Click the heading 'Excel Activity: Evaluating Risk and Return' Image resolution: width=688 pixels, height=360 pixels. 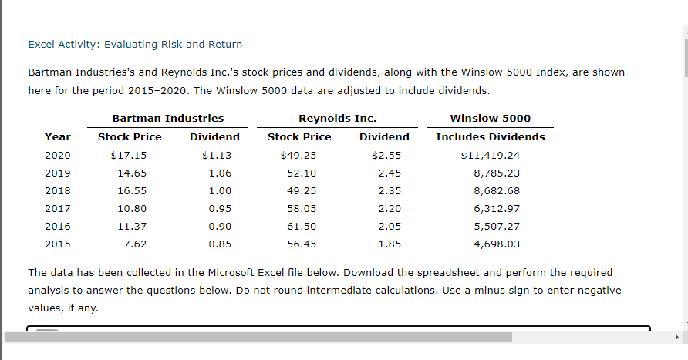[x=135, y=44]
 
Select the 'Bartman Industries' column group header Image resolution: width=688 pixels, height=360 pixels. [x=168, y=118]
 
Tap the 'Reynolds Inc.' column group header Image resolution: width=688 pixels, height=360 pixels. [x=337, y=118]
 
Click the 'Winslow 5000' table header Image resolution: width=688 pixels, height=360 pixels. [x=490, y=118]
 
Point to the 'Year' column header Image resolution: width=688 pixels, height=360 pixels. [x=58, y=136]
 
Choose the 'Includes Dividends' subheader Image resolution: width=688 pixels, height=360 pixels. [x=490, y=136]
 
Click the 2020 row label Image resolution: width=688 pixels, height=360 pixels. [x=58, y=155]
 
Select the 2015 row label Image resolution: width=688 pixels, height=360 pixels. [x=58, y=244]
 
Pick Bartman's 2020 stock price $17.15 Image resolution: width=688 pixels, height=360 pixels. [x=129, y=155]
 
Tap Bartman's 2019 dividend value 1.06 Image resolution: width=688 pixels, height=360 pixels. [x=220, y=173]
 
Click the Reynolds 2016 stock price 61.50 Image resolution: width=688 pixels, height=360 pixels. [x=301, y=227]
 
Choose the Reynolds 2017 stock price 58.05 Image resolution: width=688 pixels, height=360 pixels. [x=301, y=209]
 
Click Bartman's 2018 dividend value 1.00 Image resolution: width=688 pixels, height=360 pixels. [x=220, y=191]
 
